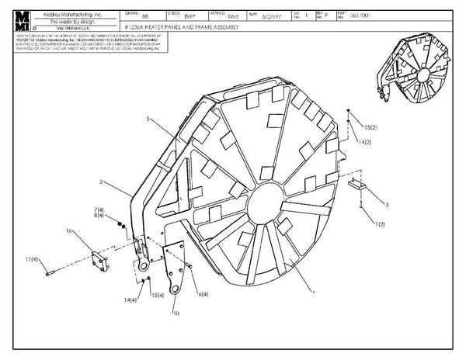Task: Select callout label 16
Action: [x=70, y=230]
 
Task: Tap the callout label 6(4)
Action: [x=203, y=296]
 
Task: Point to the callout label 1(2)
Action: [x=381, y=224]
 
